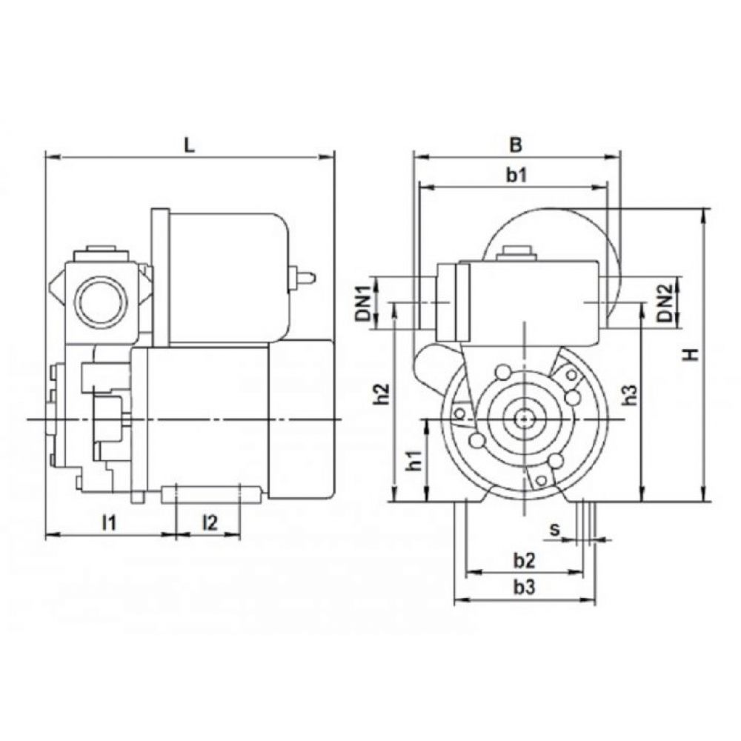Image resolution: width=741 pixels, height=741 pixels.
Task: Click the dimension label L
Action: pos(189,145)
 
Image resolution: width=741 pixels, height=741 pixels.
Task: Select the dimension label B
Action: pos(516,145)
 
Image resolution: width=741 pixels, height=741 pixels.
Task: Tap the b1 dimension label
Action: pos(516,176)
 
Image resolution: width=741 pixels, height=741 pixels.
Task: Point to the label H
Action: pos(692,354)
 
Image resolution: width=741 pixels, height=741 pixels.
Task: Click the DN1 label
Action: pos(363,303)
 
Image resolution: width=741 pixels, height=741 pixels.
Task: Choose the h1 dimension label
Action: pos(415,460)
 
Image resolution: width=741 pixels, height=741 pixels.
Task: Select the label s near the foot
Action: pos(554,529)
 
